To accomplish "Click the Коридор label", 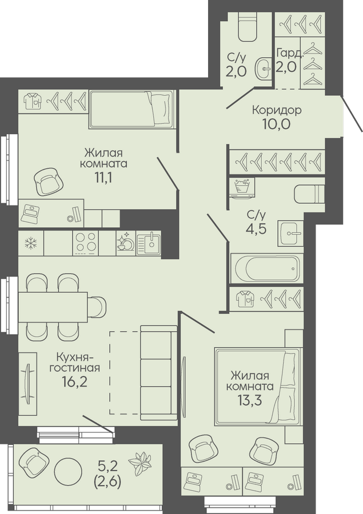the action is [x=277, y=110].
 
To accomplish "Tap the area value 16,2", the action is [x=74, y=382].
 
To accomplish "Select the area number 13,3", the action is [x=249, y=400].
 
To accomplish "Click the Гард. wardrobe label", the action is [x=290, y=53].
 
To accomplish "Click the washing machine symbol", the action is [x=242, y=188].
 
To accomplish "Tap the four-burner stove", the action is [x=86, y=243].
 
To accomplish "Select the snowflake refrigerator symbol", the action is [x=31, y=243].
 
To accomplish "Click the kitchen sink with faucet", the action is [x=149, y=243].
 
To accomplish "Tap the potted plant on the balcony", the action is [x=139, y=463].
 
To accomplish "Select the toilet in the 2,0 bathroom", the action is [x=248, y=27].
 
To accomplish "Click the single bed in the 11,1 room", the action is [x=131, y=109].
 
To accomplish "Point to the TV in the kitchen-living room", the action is [x=27, y=383].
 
